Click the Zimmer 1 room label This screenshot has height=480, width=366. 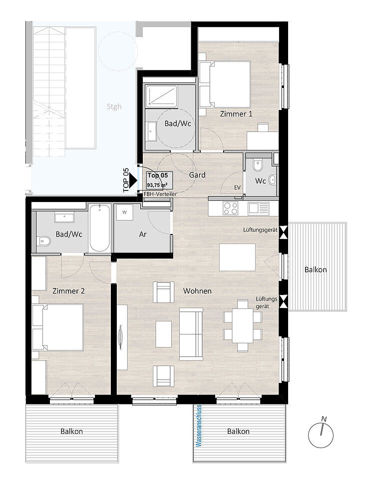point(236,114)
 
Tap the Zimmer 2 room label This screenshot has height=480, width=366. point(68,291)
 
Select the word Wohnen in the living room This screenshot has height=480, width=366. point(197,291)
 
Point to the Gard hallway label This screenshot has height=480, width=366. point(197,175)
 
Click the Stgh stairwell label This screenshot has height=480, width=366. point(114,106)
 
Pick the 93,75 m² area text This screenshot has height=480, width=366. point(157,185)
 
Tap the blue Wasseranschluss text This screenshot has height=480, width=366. point(199,426)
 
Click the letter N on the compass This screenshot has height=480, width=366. point(324,419)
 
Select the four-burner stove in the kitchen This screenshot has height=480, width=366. point(231,208)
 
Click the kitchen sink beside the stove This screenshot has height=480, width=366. point(258,208)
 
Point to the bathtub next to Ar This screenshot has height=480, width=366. point(100,228)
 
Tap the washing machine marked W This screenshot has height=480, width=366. point(124,212)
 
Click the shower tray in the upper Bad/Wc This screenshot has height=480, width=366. point(161,96)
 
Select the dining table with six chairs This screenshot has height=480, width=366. point(243,325)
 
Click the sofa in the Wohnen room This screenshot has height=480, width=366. point(191,334)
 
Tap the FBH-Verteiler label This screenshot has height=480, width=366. point(160,194)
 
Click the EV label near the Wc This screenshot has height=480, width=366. point(237,187)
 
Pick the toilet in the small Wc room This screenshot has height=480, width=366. point(258,165)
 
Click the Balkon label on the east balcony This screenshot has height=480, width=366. point(316,269)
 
